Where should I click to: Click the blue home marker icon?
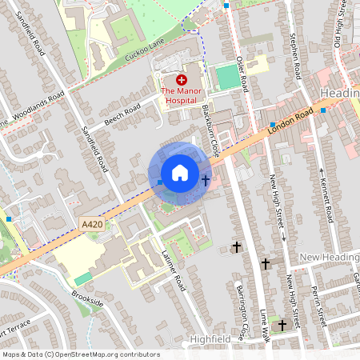(x=179, y=172)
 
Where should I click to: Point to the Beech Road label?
(x=122, y=117)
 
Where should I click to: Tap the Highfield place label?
(x=210, y=340)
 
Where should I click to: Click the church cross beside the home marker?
(x=206, y=179)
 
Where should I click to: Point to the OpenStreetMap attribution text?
(x=80, y=354)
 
